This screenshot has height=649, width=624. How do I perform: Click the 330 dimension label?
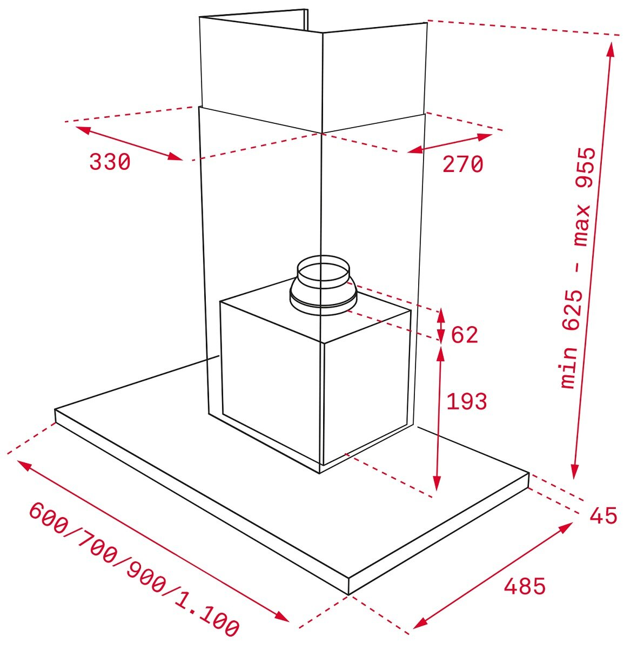click(x=110, y=162)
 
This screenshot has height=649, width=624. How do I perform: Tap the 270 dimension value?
click(x=463, y=164)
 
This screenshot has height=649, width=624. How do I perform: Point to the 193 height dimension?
click(x=466, y=401)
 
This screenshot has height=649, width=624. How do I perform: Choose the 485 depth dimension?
click(x=525, y=586)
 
